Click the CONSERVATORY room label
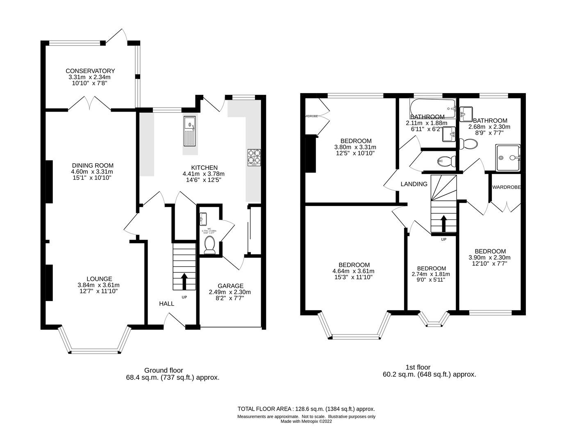point(90,71)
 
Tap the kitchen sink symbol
point(190,131)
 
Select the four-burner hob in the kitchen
point(254,158)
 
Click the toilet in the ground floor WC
point(209,245)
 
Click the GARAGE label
point(230,286)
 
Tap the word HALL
point(166,304)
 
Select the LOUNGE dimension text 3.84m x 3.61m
point(98,285)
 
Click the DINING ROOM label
point(92,165)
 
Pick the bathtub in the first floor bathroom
point(432,108)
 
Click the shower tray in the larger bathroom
point(508,158)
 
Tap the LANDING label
point(414,184)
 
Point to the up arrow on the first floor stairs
point(443,224)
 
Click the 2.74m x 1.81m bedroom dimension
point(431,274)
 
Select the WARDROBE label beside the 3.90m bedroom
point(507,187)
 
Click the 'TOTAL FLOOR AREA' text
point(264,409)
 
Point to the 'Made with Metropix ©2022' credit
point(306,421)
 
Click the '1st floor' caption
point(417,367)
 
